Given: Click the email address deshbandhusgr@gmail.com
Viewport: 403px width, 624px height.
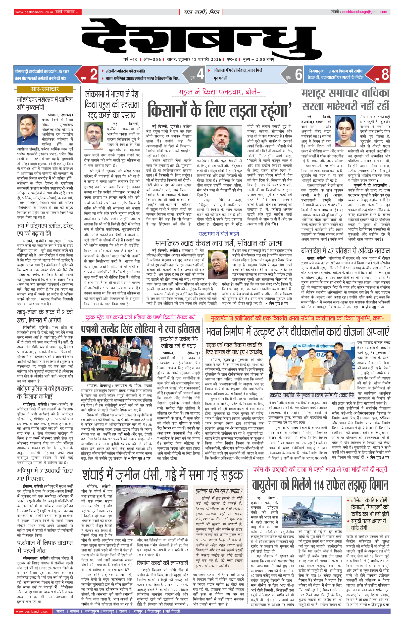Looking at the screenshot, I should click(x=364, y=12).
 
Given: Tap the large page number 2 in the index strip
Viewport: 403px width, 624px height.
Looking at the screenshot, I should click(x=94, y=74).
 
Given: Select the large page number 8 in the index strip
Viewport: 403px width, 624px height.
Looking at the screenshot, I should click(x=385, y=74).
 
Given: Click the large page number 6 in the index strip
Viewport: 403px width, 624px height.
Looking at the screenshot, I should click(x=299, y=74).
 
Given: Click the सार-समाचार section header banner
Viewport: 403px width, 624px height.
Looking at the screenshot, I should click(x=45, y=89).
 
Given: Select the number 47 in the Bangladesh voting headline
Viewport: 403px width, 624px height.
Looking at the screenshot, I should click(x=331, y=250).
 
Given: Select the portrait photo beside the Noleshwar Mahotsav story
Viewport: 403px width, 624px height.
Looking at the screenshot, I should click(x=28, y=130).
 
